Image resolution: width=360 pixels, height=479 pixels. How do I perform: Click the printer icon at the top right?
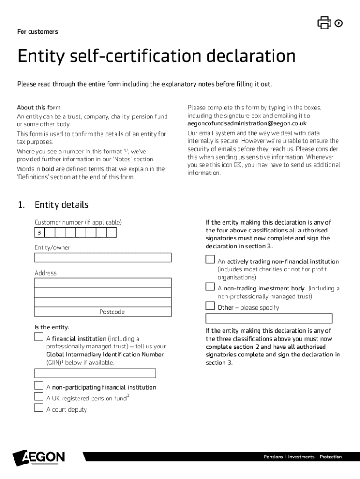tap(324, 22)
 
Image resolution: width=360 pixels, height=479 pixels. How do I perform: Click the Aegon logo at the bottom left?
tap(39, 457)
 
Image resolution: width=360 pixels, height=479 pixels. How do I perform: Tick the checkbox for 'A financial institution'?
tap(39, 337)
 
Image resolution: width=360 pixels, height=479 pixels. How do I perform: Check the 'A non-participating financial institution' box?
tap(39, 385)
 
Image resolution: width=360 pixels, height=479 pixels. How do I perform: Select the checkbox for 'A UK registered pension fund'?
tap(39, 397)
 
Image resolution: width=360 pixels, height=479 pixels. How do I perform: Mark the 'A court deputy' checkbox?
tap(39, 408)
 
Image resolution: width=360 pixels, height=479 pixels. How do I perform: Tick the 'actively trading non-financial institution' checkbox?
tap(210, 260)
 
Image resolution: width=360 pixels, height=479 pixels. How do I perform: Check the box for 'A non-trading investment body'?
tap(210, 287)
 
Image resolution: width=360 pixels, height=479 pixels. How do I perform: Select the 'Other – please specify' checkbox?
tap(210, 306)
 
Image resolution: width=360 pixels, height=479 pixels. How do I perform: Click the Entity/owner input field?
tap(103, 257)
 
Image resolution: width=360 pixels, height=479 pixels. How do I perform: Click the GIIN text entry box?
tap(95, 373)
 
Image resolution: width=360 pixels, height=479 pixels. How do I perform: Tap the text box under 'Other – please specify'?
tap(269, 319)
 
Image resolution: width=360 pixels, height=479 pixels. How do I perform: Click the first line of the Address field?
tap(103, 283)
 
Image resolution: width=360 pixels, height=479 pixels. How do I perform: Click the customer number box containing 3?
tap(39, 233)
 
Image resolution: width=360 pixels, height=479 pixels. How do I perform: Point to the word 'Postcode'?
tap(112, 312)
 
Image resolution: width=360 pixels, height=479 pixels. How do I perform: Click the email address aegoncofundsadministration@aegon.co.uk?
tap(247, 123)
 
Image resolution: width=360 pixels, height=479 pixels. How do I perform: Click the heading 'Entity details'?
tap(61, 205)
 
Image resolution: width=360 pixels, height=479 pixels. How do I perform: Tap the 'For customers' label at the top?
tap(37, 32)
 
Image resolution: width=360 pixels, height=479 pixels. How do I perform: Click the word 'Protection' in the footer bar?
tap(331, 457)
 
